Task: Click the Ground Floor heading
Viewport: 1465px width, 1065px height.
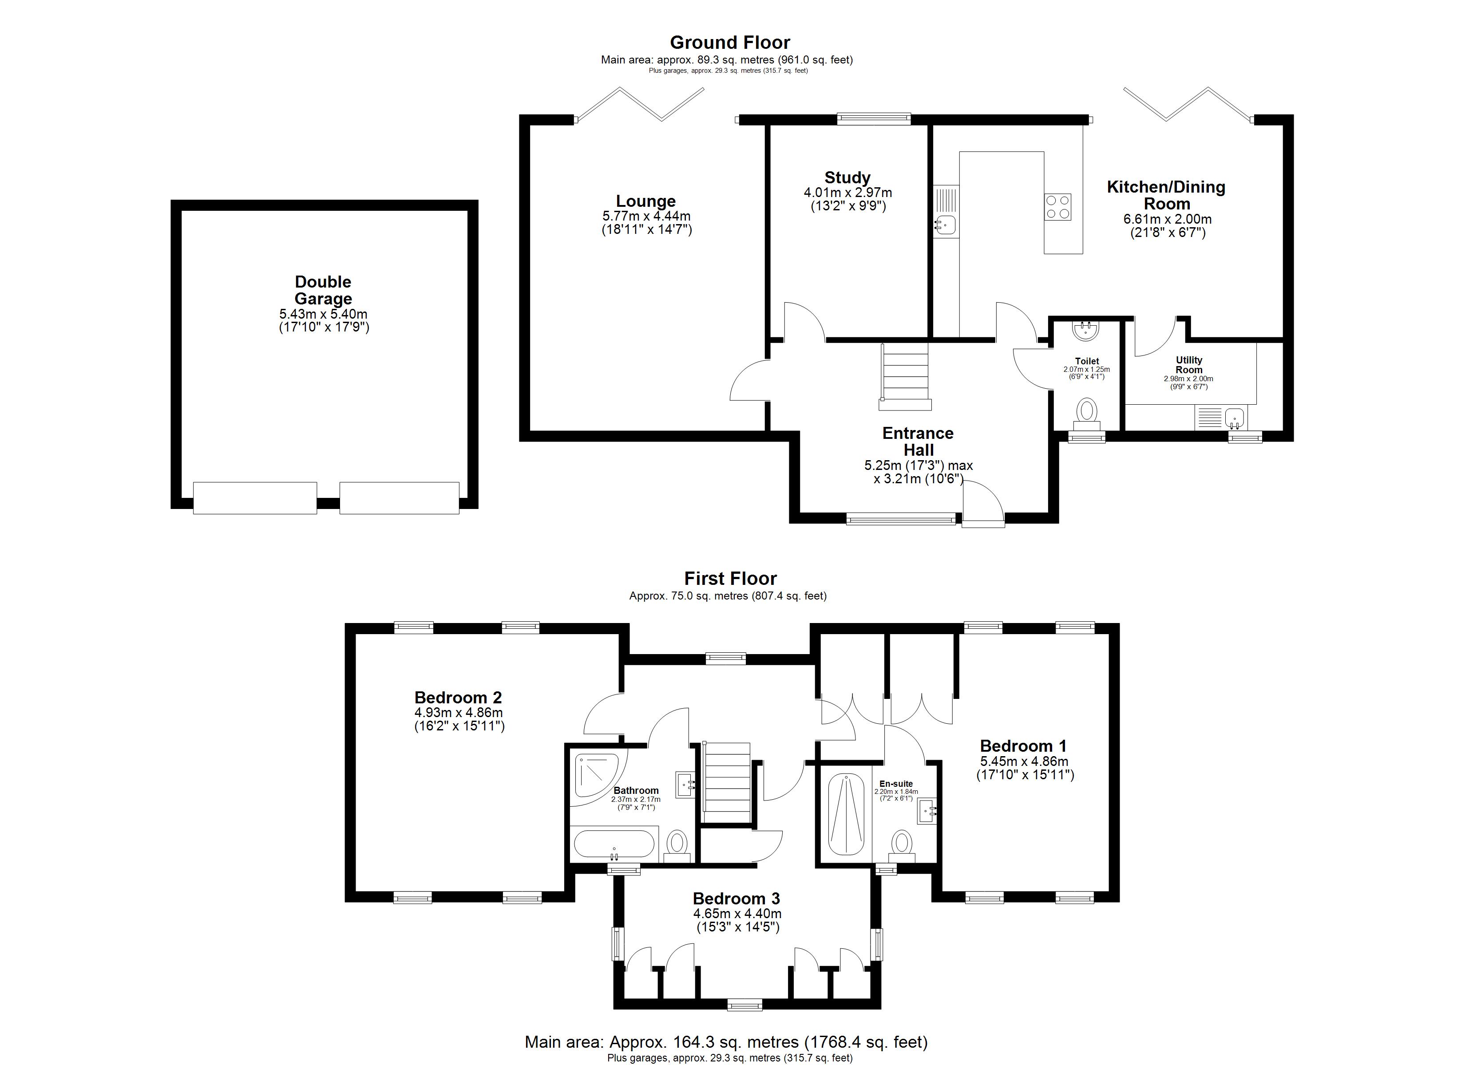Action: tap(730, 43)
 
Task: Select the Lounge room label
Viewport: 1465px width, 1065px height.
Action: tap(646, 201)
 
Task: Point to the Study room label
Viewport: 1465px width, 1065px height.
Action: tap(847, 177)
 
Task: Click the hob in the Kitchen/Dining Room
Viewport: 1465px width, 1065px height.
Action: tap(1058, 207)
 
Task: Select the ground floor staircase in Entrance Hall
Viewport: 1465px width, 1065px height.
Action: tap(905, 377)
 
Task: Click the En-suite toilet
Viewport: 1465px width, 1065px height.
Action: tap(901, 847)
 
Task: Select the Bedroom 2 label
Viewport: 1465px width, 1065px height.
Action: tap(458, 698)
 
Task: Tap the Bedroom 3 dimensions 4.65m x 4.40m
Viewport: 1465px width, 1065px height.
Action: tap(737, 914)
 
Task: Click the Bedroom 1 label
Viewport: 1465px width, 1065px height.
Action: tap(1023, 746)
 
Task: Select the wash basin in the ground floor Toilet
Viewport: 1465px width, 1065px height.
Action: tap(1086, 330)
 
